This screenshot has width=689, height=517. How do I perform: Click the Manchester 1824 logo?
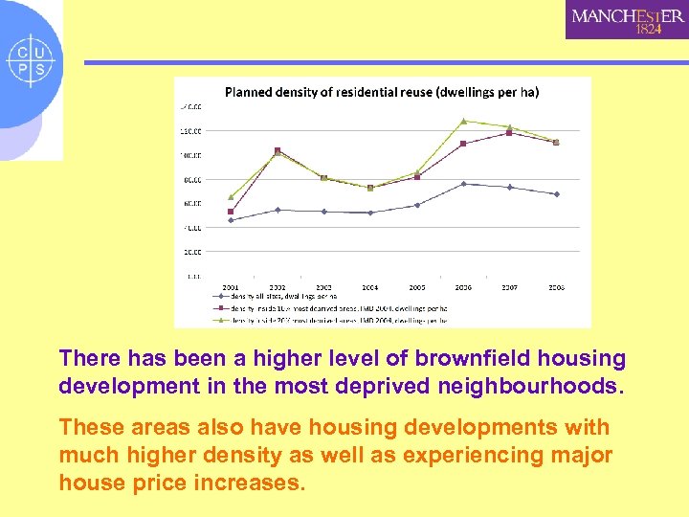[x=626, y=20]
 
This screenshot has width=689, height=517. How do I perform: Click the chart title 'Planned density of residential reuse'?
[x=381, y=92]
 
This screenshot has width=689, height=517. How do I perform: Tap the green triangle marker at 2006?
[x=463, y=121]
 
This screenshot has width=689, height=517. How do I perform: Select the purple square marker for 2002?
[x=278, y=150]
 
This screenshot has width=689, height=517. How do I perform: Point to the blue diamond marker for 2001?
[x=231, y=220]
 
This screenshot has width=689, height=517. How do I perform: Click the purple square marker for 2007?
[x=509, y=133]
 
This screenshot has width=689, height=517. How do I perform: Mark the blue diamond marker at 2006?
[x=463, y=184]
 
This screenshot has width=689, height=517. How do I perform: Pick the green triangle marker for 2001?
[x=231, y=196]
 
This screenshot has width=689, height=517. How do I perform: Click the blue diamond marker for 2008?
[x=556, y=194]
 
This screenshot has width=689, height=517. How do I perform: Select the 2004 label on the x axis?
[x=370, y=286]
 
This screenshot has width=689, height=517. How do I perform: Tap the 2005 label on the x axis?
[x=417, y=286]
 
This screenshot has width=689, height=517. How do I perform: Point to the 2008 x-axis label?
[x=556, y=286]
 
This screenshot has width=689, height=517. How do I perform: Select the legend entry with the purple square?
[x=325, y=308]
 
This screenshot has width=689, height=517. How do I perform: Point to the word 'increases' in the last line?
[x=253, y=482]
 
